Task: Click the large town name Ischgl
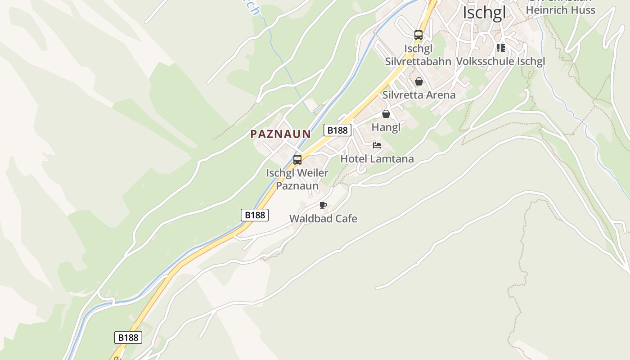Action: pyautogui.click(x=484, y=13)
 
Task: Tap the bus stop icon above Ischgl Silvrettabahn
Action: pyautogui.click(x=418, y=35)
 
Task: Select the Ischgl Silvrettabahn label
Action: pyautogui.click(x=418, y=55)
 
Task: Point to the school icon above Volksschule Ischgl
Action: pyautogui.click(x=500, y=48)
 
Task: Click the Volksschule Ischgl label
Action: pyautogui.click(x=500, y=61)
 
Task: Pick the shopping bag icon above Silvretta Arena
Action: pyautogui.click(x=419, y=81)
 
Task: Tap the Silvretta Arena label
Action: pyautogui.click(x=418, y=95)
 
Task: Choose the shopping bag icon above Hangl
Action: pyautogui.click(x=386, y=114)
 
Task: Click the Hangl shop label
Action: pyautogui.click(x=386, y=127)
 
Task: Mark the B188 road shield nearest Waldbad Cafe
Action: pyautogui.click(x=255, y=215)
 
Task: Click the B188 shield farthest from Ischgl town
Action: pyautogui.click(x=128, y=337)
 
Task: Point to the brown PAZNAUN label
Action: pyautogui.click(x=280, y=134)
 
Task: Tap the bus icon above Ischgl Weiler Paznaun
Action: pyautogui.click(x=297, y=160)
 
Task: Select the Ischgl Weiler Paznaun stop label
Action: pyautogui.click(x=297, y=179)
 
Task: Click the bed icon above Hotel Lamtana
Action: pyautogui.click(x=377, y=145)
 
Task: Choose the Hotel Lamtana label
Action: pyautogui.click(x=377, y=159)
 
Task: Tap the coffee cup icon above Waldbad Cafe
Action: pyautogui.click(x=323, y=206)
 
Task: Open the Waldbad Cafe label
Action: pyautogui.click(x=323, y=219)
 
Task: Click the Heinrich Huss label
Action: pyautogui.click(x=560, y=10)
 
